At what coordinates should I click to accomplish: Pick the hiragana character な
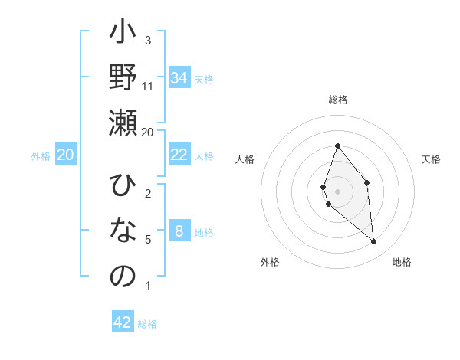coord(123,231)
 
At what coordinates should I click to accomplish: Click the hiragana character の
coord(123,276)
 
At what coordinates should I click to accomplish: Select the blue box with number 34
coord(179,78)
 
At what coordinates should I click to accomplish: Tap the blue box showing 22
coord(179,155)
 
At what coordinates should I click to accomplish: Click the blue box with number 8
coord(179,231)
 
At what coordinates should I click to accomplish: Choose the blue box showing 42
coord(123,322)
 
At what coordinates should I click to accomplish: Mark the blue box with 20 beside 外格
coord(66,155)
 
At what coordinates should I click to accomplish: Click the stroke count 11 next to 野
coord(148,86)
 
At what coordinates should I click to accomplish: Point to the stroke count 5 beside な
coord(148,240)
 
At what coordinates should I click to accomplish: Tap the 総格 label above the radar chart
coord(337,100)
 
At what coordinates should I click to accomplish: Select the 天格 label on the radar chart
coord(431,159)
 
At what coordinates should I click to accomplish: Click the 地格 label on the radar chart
coord(402,262)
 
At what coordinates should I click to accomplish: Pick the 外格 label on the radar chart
coord(270,262)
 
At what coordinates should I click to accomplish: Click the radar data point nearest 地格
coord(374,242)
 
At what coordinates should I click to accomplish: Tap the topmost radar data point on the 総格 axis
coord(337,146)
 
